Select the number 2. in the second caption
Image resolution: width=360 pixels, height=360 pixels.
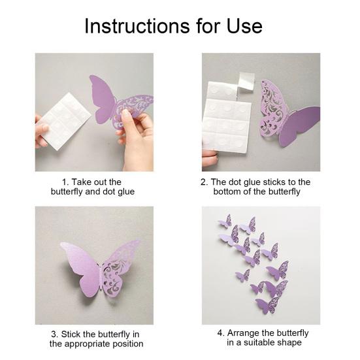coord(205,182)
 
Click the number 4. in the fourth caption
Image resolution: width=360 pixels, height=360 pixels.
coord(220,333)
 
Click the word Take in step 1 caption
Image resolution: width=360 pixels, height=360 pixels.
coord(84,182)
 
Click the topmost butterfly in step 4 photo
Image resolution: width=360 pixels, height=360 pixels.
coord(226,220)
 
